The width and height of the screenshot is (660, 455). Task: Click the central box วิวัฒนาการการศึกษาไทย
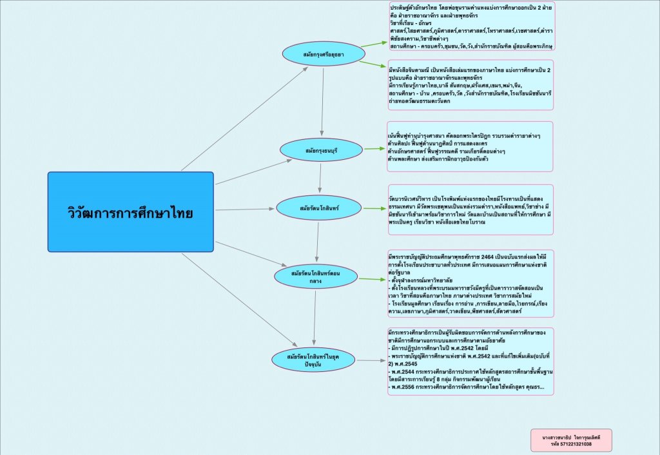(130, 211)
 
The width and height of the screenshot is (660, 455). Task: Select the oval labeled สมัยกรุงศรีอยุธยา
(322, 54)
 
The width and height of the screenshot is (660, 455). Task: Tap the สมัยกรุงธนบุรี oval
(322, 150)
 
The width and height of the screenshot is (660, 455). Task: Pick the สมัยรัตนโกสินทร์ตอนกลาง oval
(315, 276)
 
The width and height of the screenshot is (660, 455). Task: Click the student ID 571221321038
(571, 444)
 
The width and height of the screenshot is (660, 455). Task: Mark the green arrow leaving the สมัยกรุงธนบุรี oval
(374, 149)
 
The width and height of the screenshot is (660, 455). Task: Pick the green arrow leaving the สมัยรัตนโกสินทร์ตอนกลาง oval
(369, 279)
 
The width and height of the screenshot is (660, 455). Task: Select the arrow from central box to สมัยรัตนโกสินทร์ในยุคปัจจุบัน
(238, 299)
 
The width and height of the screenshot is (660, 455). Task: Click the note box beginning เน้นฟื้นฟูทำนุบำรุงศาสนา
(470, 146)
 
